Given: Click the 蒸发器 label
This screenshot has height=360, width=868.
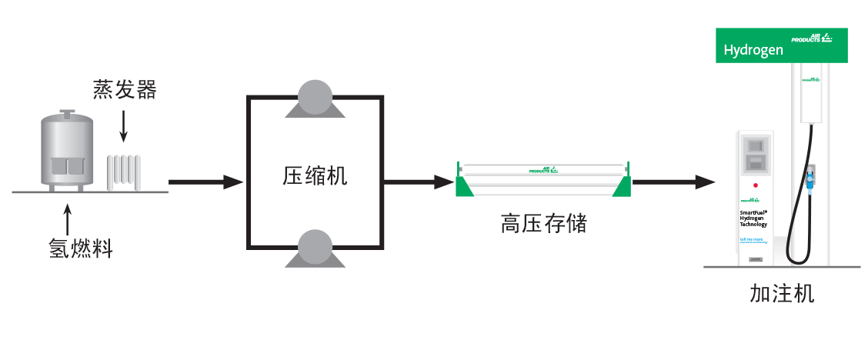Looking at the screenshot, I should click(x=125, y=90).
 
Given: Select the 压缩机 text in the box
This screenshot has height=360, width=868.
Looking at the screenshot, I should click(x=315, y=176).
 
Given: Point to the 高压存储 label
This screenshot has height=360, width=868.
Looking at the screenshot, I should click(x=543, y=224).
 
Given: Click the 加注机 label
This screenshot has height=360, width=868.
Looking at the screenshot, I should click(x=781, y=294).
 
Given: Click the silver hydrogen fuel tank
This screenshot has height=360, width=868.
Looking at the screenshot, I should click(x=66, y=152).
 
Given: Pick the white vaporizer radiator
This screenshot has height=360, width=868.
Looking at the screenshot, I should click(x=124, y=172).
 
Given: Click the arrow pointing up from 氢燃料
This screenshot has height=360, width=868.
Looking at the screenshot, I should click(x=68, y=219).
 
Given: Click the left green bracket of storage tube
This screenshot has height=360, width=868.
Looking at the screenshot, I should click(x=464, y=183).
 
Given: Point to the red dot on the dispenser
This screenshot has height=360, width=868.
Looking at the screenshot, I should click(x=755, y=185).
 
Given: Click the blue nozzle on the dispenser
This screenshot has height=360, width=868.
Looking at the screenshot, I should click(x=810, y=179).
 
